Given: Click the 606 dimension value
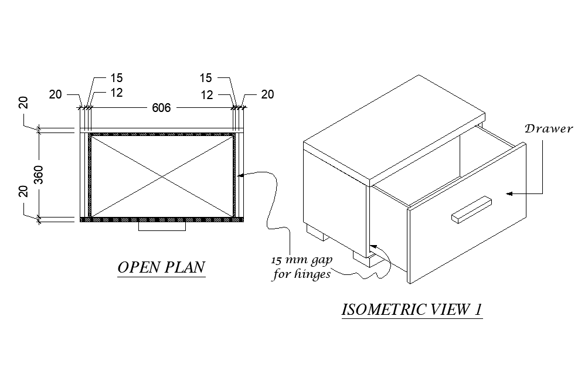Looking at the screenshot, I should (161, 108).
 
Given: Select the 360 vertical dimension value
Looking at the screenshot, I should (39, 175).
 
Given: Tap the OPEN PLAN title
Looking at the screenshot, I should (161, 267).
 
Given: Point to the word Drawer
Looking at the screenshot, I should (548, 128).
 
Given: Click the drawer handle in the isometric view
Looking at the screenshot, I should (471, 209).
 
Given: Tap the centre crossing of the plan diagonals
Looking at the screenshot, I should (162, 175).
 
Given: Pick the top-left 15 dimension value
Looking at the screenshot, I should (116, 78).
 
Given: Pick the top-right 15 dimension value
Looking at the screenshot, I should (206, 78).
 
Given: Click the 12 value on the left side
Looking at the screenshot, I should (116, 93).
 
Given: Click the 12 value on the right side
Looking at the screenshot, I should (206, 94).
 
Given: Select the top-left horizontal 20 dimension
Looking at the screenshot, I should (55, 94).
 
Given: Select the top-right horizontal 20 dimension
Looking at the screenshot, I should (267, 94).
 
